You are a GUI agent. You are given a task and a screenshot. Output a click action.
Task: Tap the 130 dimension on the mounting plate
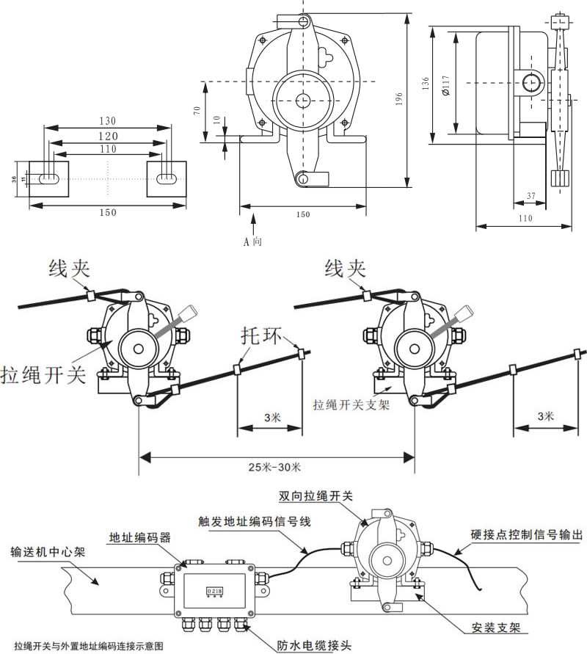tap(108, 120)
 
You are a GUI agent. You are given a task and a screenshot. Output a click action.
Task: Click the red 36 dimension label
tap(14, 178)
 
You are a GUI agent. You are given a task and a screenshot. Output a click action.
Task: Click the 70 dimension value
tap(197, 110)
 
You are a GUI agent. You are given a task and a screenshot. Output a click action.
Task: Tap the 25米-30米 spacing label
tap(280, 466)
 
